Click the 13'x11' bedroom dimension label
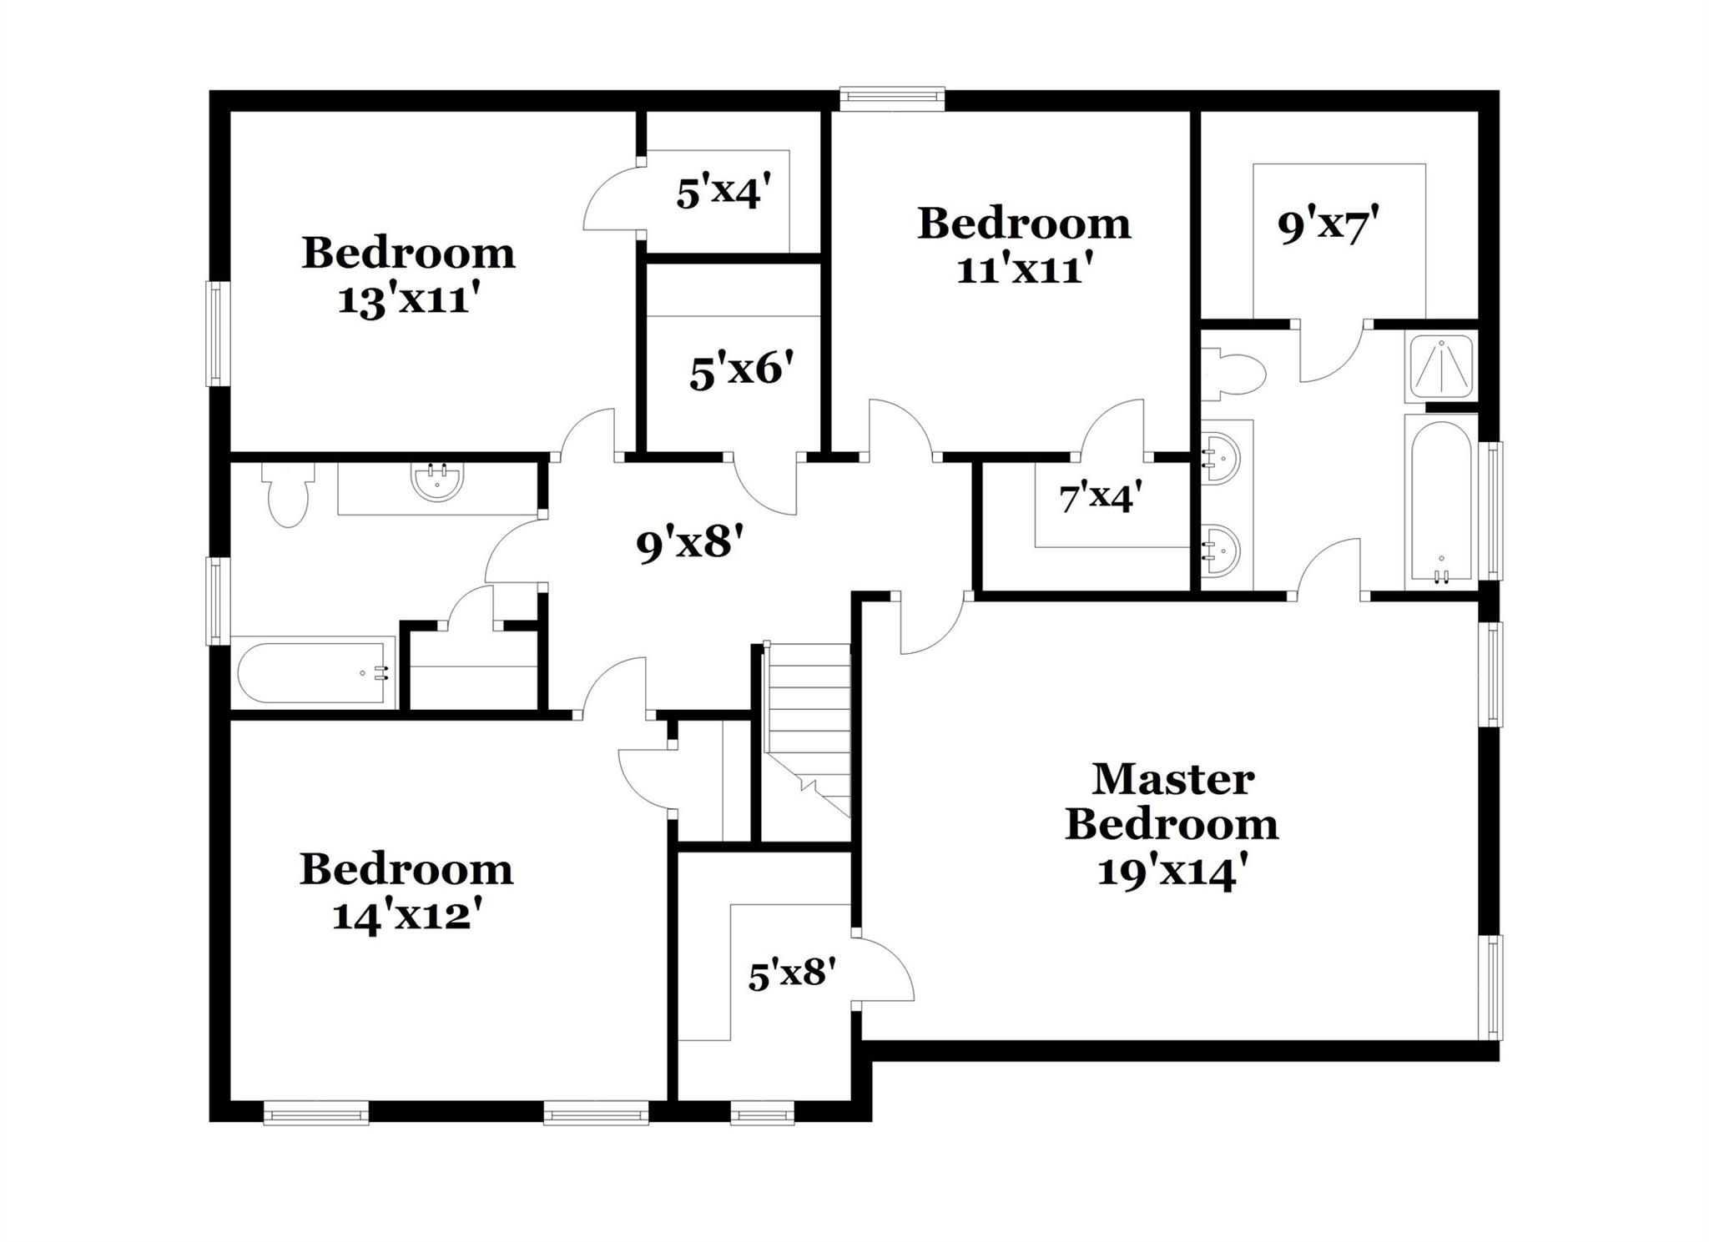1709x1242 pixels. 408,299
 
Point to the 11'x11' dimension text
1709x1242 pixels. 1024,269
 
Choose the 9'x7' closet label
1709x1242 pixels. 1328,225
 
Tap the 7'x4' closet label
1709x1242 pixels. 1100,499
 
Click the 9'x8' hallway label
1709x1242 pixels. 689,545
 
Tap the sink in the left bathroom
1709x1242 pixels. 437,482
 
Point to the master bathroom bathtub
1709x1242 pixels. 1441,500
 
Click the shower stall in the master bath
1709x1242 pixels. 1441,364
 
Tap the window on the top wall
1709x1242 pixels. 892,99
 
